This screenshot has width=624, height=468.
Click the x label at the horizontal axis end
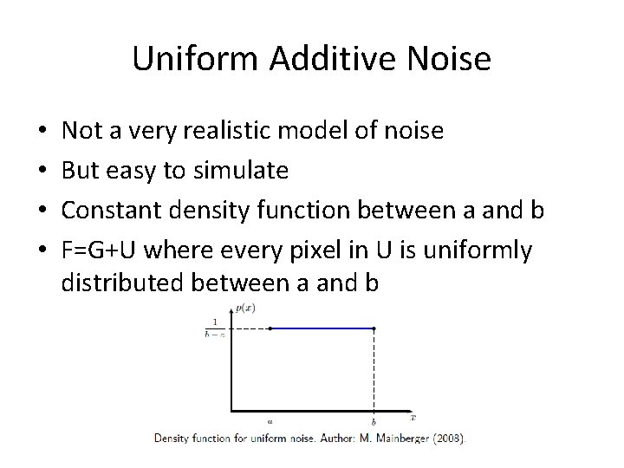413,416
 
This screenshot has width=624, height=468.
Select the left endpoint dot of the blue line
270,328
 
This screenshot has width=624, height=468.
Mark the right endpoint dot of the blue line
374,328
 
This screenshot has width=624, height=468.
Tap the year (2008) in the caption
448,439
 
